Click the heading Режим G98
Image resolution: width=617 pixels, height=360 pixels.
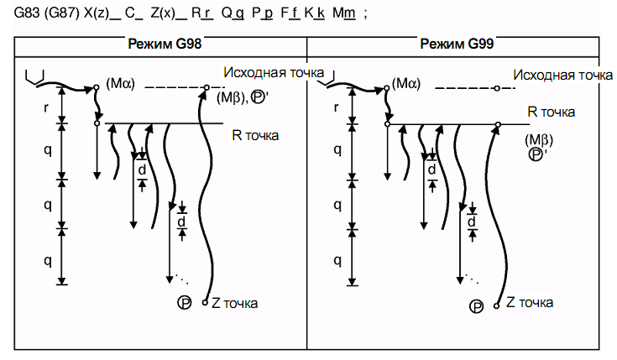tap(165, 44)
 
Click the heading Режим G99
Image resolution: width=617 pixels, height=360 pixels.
tap(457, 44)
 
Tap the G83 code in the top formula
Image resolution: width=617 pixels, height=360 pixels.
tap(27, 13)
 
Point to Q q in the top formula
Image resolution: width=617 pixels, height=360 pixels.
tap(233, 13)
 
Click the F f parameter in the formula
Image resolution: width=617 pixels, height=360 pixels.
tap(290, 13)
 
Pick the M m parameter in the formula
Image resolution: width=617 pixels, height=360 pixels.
tap(344, 13)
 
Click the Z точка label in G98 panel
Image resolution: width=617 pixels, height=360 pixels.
tap(234, 303)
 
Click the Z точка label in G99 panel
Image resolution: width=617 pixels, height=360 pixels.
tap(530, 302)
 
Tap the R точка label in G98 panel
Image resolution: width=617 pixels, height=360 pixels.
tap(255, 135)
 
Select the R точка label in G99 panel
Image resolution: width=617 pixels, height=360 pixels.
tap(551, 112)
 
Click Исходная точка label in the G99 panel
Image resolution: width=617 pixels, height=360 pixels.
tap(562, 75)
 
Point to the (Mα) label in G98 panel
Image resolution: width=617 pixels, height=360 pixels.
tap(120, 83)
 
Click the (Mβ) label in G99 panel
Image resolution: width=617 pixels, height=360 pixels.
tap(539, 139)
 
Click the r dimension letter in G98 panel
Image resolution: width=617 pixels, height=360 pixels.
tap(46, 107)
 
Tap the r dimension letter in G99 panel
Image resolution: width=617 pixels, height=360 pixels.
tap(336, 107)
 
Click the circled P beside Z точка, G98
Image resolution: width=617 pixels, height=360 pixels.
tap(185, 303)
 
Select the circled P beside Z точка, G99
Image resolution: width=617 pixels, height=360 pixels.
tap(476, 306)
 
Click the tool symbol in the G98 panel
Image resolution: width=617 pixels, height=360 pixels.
tap(35, 77)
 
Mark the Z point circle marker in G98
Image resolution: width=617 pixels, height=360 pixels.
tap(205, 303)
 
